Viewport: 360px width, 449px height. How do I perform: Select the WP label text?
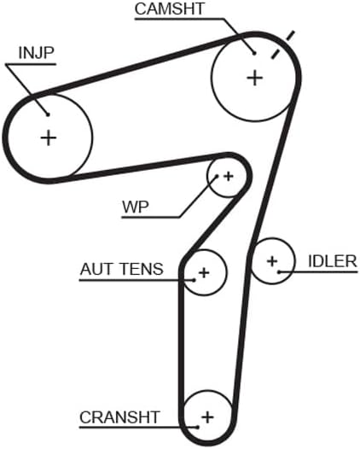[135, 207]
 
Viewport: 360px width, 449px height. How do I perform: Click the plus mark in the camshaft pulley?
[254, 78]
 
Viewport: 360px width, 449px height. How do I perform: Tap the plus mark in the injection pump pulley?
[48, 137]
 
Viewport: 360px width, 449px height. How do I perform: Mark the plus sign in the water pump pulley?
[228, 176]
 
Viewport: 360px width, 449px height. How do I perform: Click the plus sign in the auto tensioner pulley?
[203, 273]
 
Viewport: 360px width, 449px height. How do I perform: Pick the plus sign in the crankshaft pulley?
[206, 417]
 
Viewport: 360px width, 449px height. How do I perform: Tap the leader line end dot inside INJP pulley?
[49, 114]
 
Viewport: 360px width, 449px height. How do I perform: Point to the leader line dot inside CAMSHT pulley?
[253, 51]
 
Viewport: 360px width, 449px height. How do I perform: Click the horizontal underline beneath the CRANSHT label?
[128, 428]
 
